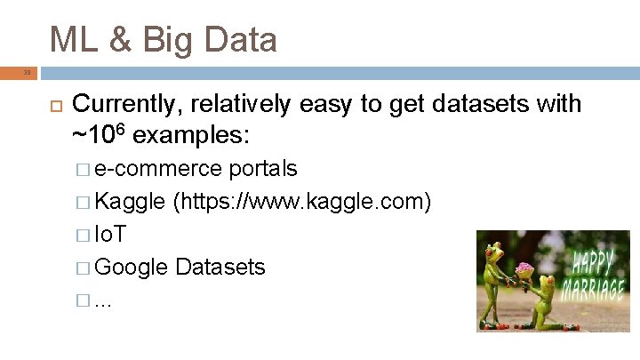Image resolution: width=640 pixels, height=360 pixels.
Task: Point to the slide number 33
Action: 27,73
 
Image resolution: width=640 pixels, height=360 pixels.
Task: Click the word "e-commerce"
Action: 158,169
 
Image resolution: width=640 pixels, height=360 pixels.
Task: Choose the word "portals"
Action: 263,169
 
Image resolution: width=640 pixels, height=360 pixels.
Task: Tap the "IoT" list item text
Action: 110,235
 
